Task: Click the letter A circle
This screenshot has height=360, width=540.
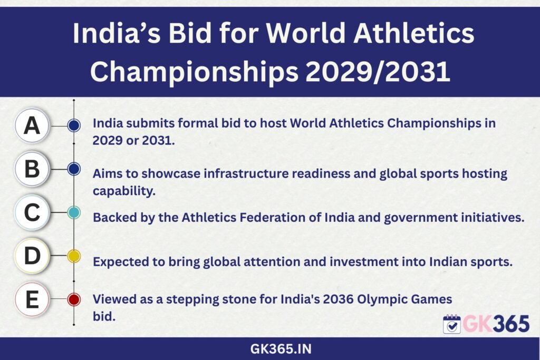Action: pos(32,125)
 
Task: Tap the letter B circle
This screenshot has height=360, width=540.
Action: pos(32,169)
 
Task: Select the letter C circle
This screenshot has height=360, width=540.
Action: pos(32,212)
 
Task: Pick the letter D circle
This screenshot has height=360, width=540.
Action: pos(32,256)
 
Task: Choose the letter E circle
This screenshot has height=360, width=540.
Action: pos(32,299)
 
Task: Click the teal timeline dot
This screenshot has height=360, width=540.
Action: pos(74,212)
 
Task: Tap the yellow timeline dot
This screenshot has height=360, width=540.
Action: pos(74,256)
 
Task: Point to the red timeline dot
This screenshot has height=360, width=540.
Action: pos(74,299)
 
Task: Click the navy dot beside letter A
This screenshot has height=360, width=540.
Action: pos(74,125)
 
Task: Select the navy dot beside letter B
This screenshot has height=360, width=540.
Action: pos(74,169)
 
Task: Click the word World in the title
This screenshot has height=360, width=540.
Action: pos(306,33)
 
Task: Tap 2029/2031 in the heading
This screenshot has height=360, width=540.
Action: pos(378,72)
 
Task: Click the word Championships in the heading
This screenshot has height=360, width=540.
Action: pos(194,72)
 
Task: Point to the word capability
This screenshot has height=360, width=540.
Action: pos(124,191)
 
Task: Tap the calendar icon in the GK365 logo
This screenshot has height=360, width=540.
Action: pos(452,324)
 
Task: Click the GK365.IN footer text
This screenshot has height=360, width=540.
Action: pos(281,349)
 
